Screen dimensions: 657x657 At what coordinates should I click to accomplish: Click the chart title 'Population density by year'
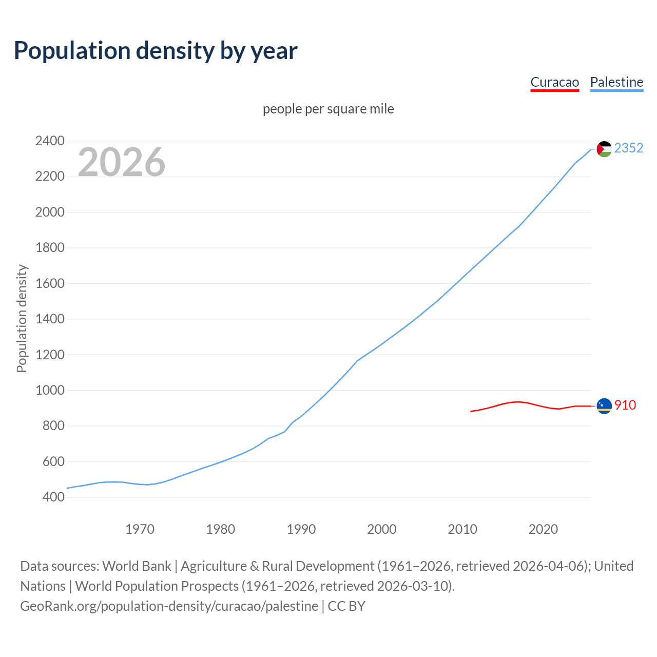(x=156, y=50)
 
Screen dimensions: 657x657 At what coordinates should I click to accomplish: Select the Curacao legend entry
(x=554, y=82)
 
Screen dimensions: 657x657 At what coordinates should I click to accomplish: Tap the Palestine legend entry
(x=616, y=82)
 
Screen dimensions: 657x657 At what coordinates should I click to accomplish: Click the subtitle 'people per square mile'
(x=328, y=109)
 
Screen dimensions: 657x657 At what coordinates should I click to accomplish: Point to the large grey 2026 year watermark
(x=122, y=162)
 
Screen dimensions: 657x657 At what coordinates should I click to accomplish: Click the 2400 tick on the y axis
(x=50, y=141)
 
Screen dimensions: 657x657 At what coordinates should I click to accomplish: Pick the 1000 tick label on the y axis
(x=50, y=390)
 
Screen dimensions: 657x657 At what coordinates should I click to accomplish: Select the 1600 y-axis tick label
(x=50, y=283)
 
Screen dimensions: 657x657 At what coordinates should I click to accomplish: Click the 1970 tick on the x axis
(x=140, y=529)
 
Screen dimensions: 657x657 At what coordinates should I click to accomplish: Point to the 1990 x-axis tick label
(x=301, y=529)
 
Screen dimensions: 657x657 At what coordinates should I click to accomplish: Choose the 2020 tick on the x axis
(x=543, y=529)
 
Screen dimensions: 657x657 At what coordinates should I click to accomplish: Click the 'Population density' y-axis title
(x=22, y=318)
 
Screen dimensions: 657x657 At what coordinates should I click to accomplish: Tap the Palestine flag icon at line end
(x=604, y=149)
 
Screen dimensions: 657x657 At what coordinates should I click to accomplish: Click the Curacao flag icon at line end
(x=604, y=406)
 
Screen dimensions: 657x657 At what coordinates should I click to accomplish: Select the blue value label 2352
(x=628, y=148)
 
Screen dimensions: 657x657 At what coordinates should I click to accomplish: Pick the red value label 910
(x=625, y=405)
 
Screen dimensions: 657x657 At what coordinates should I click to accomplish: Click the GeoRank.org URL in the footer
(x=169, y=606)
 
